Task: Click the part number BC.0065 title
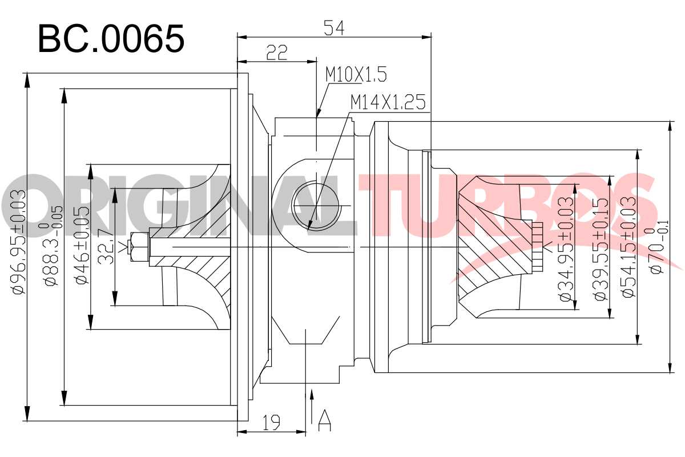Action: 111,39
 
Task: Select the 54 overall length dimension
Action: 334,28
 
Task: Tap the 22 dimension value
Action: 277,53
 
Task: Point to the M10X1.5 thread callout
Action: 356,74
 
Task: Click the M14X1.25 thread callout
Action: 388,102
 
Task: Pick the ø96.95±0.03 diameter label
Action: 19,242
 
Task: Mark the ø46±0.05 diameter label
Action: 83,246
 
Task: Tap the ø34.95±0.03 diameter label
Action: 566,250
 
